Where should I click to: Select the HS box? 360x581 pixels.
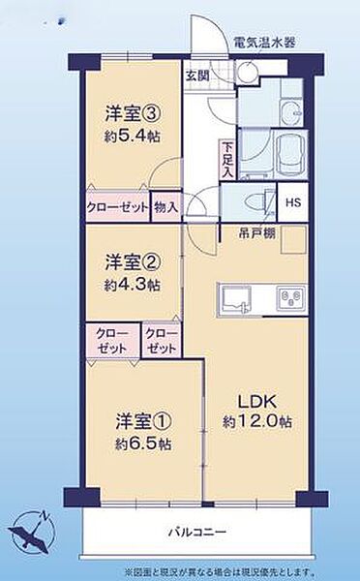click(291, 202)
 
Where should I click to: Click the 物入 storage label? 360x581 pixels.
click(165, 206)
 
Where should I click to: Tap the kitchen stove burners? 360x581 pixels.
click(290, 294)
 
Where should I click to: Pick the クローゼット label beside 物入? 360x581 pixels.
click(117, 206)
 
